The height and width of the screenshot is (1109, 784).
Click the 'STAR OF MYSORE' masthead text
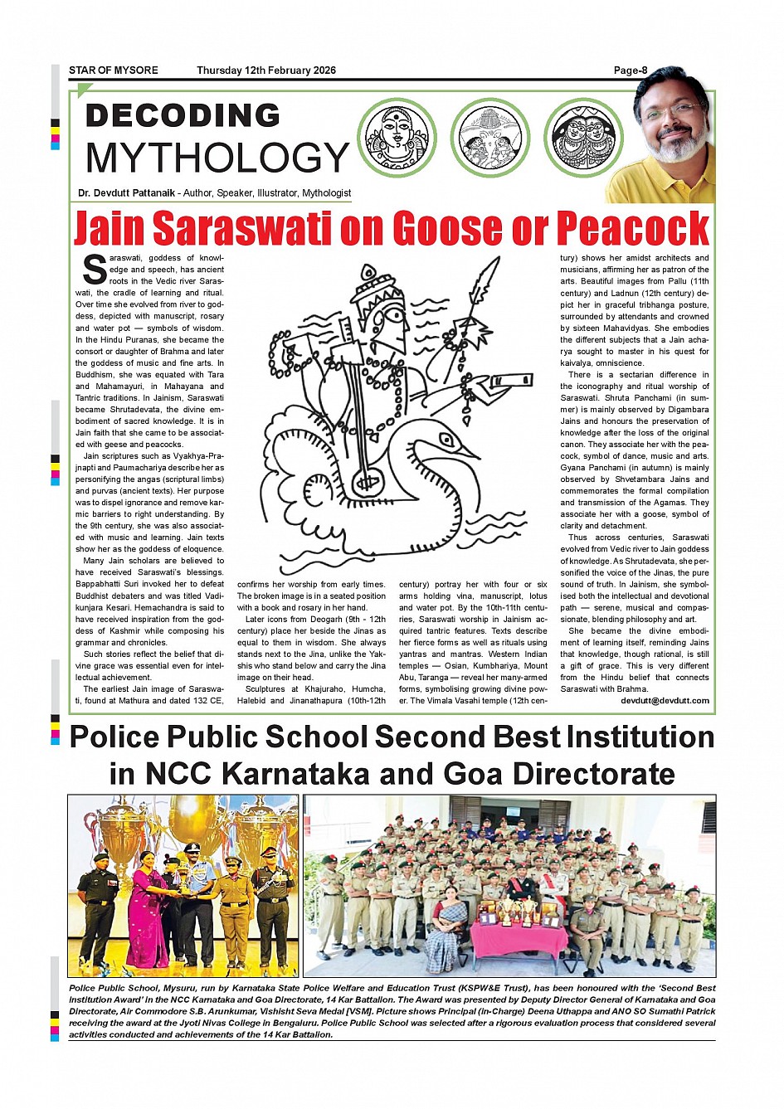113,71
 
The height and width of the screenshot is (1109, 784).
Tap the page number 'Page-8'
631,71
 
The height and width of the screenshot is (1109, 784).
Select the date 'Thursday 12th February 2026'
266,71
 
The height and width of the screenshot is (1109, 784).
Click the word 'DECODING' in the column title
183,115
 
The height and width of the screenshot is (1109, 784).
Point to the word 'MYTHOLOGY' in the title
217,158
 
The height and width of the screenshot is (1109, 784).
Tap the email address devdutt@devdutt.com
665,701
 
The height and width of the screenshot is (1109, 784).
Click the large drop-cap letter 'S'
95,269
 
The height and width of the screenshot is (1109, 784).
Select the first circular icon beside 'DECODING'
397,138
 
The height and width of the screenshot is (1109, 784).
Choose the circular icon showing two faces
583,138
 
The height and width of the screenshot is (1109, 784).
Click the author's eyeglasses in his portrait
670,110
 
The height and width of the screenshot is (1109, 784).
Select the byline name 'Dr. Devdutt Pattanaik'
126,193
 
